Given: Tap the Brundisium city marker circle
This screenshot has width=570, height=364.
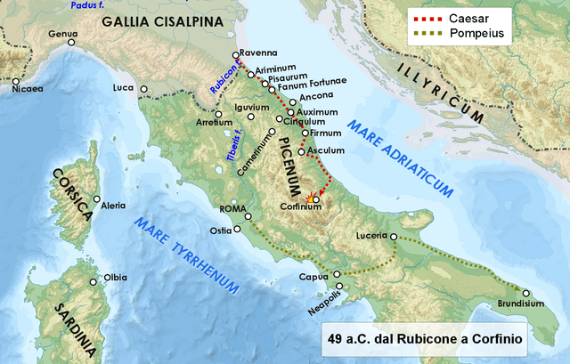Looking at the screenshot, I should click(x=525, y=293).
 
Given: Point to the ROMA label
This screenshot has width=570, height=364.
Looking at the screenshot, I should click(x=232, y=209).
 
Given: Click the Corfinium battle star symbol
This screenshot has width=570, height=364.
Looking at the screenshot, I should click(x=309, y=198).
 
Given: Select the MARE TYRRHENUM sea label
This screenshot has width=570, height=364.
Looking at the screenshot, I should click(x=188, y=255).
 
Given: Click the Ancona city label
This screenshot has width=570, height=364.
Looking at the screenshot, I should click(x=317, y=95).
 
